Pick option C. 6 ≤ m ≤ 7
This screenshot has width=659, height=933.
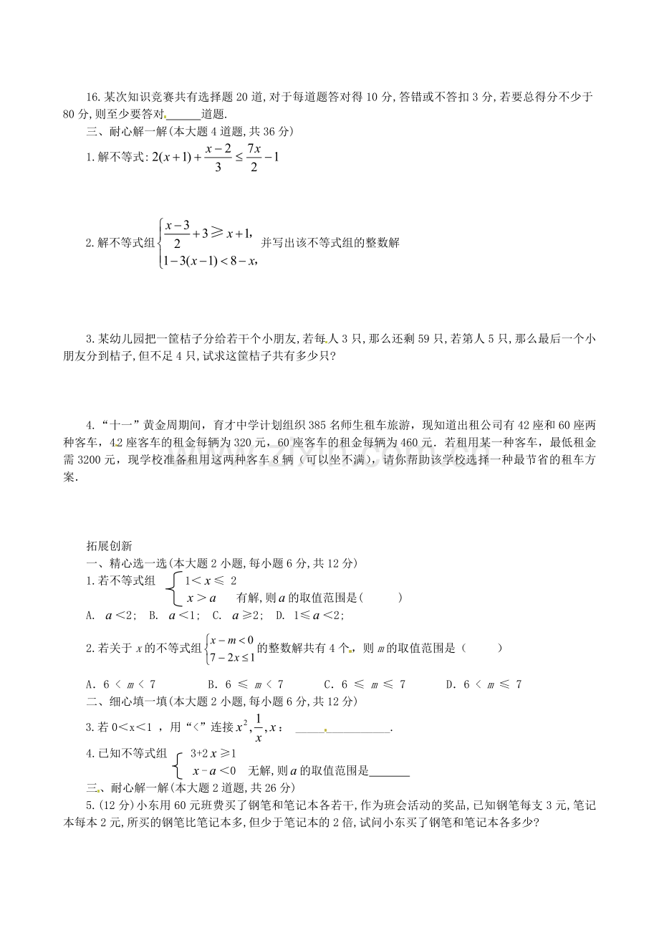click(365, 684)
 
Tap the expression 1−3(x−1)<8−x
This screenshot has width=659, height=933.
click(209, 261)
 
